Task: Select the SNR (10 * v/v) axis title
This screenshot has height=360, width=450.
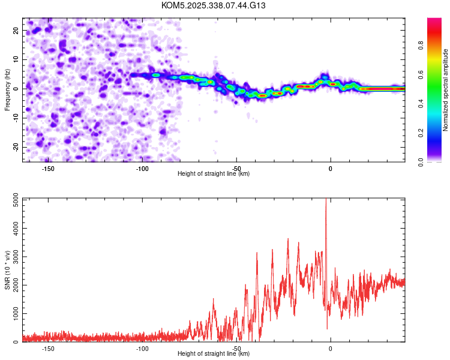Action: click(x=7, y=270)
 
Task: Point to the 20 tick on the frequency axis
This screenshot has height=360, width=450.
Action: click(x=16, y=30)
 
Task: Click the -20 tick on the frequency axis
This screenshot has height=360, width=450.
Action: click(x=15, y=147)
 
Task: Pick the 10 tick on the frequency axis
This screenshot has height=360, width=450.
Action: click(x=16, y=59)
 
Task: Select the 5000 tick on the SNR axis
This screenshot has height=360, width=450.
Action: click(x=13, y=200)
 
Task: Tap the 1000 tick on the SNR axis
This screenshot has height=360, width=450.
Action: click(x=13, y=314)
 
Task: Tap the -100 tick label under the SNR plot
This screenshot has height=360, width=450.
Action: click(x=142, y=349)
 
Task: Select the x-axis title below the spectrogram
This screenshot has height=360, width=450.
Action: click(x=214, y=174)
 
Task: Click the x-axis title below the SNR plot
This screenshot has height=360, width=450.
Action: click(x=214, y=354)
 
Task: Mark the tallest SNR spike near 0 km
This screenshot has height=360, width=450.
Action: click(x=326, y=201)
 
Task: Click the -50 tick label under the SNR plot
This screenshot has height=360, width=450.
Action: click(x=236, y=349)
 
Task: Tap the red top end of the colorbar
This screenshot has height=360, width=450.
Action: click(x=434, y=20)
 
